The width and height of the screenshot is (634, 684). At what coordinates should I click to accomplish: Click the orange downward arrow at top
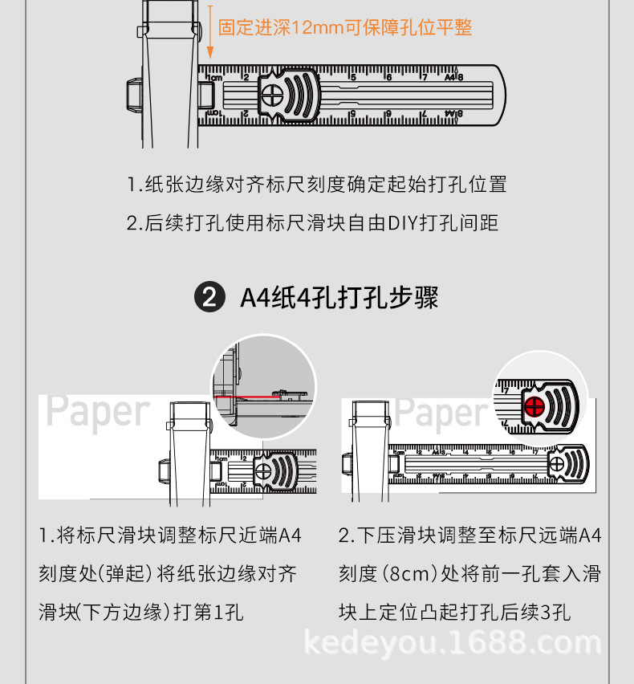[209, 32]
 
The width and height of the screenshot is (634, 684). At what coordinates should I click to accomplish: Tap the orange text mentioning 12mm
[345, 28]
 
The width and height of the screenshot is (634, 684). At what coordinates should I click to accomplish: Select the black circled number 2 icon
[207, 298]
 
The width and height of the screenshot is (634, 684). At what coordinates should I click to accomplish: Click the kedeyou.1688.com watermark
[453, 643]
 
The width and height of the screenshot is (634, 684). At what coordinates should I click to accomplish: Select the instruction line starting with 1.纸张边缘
[317, 184]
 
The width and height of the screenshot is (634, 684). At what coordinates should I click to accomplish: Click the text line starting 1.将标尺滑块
[170, 535]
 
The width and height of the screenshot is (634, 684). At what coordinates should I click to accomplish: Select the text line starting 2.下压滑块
[469, 535]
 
